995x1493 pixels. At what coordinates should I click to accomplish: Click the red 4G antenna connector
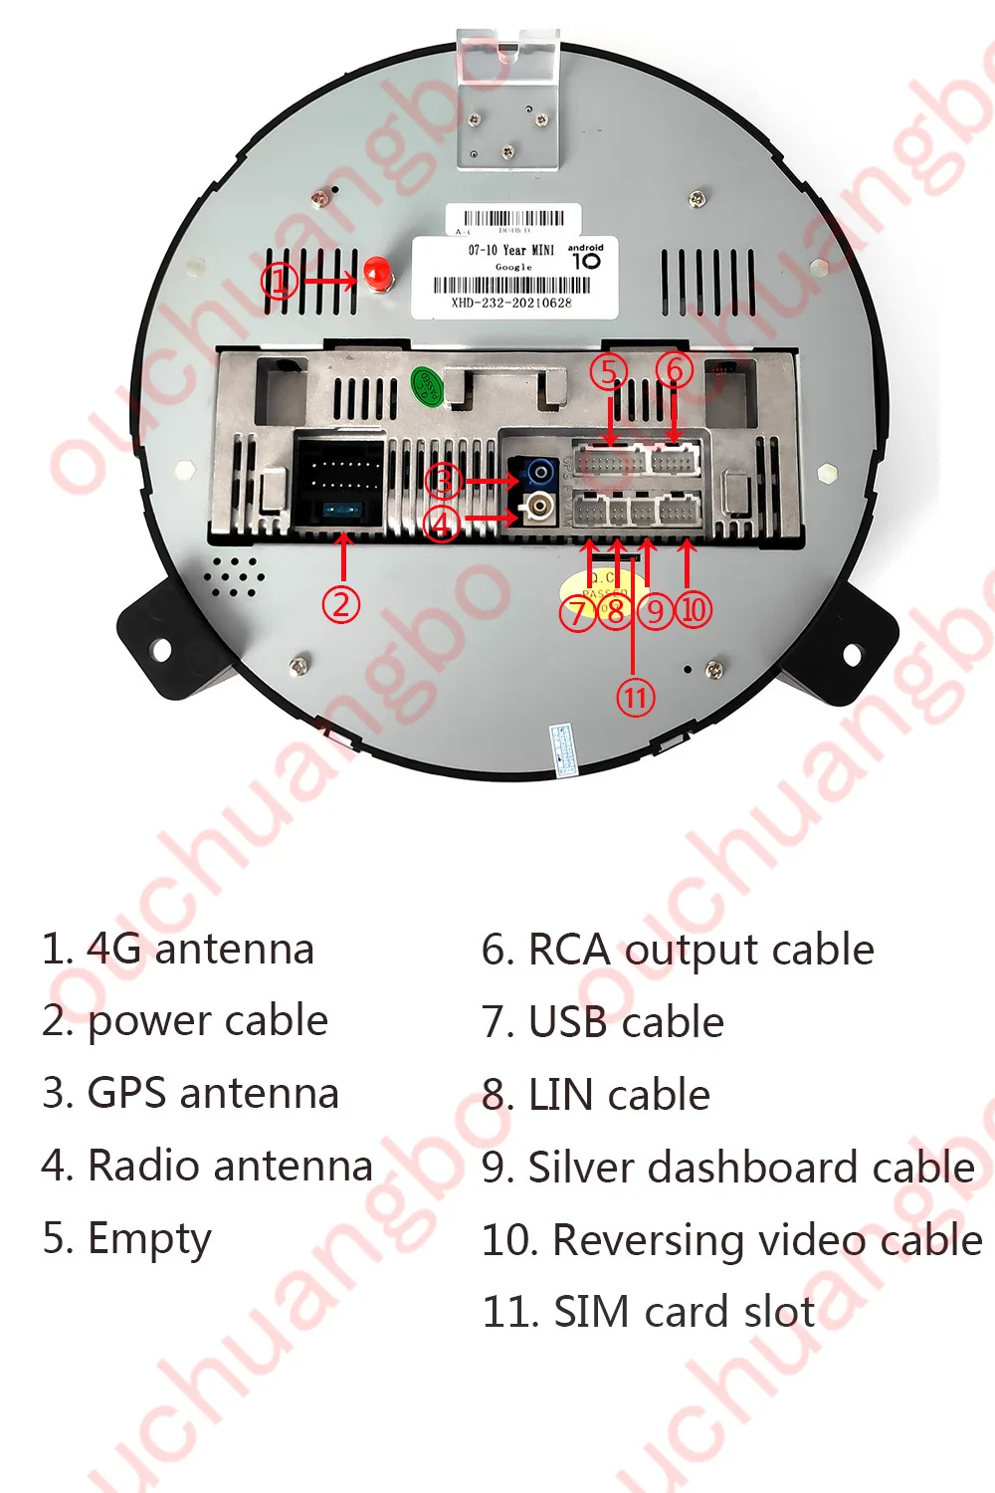click(376, 274)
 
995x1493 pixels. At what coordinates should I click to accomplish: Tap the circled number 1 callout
click(280, 281)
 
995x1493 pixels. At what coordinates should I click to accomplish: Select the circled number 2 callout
click(341, 604)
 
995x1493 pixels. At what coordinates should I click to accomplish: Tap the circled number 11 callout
click(636, 697)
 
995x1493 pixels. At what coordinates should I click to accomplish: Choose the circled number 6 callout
click(675, 370)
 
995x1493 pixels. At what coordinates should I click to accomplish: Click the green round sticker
click(427, 384)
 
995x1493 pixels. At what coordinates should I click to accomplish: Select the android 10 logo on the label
click(586, 258)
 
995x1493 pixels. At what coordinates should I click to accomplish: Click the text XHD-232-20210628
click(511, 303)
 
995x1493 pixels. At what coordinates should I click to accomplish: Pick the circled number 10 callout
click(694, 609)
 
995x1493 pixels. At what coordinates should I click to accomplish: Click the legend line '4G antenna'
click(179, 950)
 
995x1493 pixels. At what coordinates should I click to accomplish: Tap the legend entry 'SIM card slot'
click(649, 1312)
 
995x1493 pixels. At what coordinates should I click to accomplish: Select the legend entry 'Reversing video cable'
click(732, 1240)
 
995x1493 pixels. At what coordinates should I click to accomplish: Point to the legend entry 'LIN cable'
click(596, 1095)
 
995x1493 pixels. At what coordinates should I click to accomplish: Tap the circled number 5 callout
click(609, 371)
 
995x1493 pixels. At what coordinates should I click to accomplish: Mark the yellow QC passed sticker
click(595, 587)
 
